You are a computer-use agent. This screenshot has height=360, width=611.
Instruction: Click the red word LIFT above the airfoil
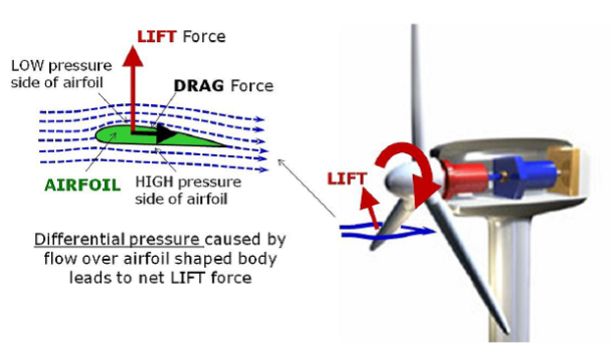tap(157, 36)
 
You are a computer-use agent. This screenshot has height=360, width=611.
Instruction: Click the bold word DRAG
tap(199, 85)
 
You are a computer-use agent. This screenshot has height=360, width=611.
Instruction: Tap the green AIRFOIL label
tap(82, 185)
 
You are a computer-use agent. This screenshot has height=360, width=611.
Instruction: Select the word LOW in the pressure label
tap(27, 66)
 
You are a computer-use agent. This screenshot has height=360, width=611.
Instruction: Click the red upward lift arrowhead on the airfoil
tap(132, 56)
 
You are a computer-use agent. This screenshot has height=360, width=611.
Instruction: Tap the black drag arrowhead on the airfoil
tap(167, 133)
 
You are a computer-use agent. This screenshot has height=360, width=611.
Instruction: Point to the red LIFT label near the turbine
tap(347, 179)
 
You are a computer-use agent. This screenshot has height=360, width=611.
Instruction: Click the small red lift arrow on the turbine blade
tap(370, 207)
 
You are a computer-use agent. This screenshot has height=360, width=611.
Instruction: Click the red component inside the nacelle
tap(466, 179)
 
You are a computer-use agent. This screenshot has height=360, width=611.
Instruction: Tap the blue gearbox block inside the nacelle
tap(524, 177)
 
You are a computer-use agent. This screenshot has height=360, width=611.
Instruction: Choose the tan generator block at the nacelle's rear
tap(563, 172)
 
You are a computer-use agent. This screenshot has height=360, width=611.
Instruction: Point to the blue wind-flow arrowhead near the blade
tap(428, 231)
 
